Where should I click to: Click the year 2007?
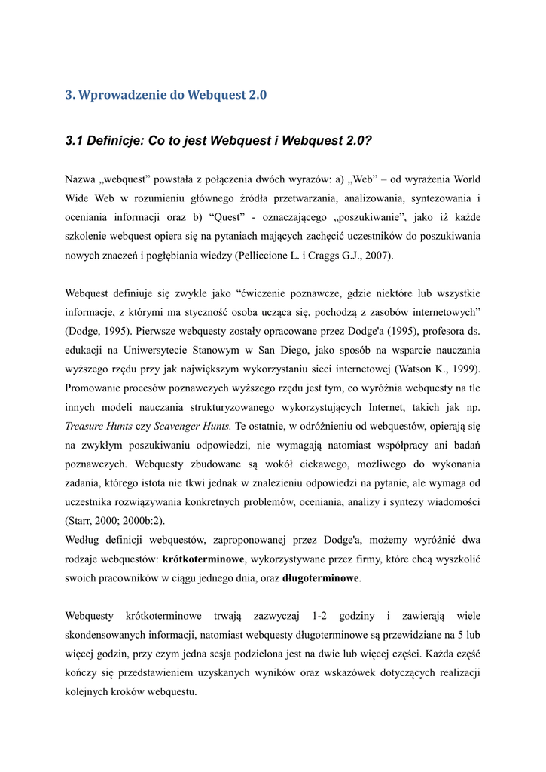(377, 256)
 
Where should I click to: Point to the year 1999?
(465, 369)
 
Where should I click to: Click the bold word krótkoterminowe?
(203, 559)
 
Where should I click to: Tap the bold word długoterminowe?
(321, 578)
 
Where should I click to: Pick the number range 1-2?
(322, 616)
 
